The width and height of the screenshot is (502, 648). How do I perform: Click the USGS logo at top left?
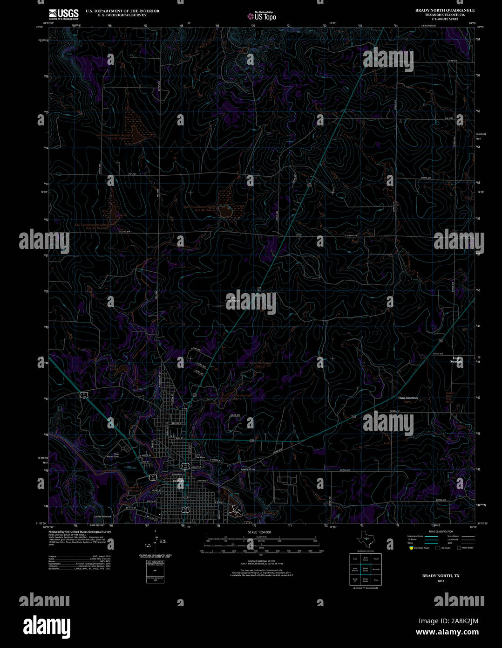[x=64, y=13]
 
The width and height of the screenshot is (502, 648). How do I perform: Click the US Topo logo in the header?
[x=262, y=16]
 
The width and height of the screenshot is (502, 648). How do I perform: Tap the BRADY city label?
[x=178, y=481]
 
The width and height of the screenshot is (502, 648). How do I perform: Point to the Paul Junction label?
[x=408, y=398]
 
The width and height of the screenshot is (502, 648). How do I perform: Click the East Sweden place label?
[x=456, y=360]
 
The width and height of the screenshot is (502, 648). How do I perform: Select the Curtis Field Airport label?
[x=231, y=299]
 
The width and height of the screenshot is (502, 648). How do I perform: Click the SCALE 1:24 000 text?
[x=259, y=532]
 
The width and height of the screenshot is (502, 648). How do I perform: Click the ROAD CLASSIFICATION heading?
[x=441, y=531]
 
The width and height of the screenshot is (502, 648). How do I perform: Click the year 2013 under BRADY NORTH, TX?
[x=441, y=581]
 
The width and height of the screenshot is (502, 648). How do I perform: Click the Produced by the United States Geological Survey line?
[x=80, y=531]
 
